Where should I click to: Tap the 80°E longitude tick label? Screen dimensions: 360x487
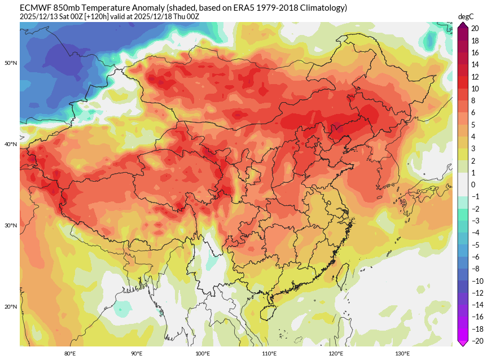coord(70,354)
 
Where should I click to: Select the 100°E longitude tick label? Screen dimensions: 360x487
coord(203,354)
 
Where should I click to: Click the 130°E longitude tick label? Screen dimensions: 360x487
coord(402,354)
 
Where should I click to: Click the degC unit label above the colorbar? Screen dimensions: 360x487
coord(466,17)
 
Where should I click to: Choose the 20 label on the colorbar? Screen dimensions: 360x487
coord(475,28)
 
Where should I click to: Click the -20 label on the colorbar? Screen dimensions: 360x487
coord(476,340)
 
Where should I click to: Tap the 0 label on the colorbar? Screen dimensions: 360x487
coord(473,185)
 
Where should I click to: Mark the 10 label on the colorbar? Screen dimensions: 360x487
coord(475,89)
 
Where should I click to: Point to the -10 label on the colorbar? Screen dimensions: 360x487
coord(476,280)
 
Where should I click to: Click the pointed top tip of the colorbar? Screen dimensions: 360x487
coord(462,24)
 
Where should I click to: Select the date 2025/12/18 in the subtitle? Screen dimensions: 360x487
coord(156,17)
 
